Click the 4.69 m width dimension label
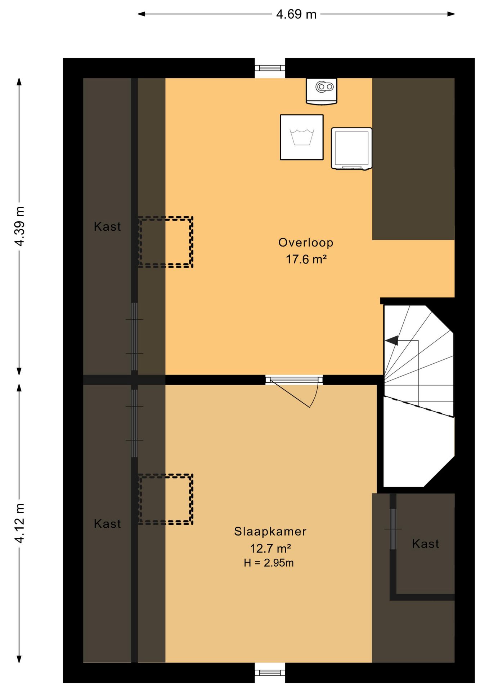coord(296,14)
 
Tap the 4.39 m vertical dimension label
coord(19,226)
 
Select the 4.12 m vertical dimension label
coord(19,523)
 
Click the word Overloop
coord(306,243)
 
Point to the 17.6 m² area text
coord(306,259)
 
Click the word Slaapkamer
coord(270,532)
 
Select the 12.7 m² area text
coord(270,549)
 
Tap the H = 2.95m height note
coord(269,563)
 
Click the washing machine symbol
coord(302,137)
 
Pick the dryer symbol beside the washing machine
coord(351,148)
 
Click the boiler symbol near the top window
coord(322,92)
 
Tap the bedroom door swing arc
coord(314,396)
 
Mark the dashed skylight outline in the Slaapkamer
coord(166,499)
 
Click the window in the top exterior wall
coord(270,68)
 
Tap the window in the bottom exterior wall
coord(270,673)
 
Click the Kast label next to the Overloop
coord(107,227)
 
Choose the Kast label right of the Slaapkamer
coord(426,544)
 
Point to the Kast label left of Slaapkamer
coord(107,524)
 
